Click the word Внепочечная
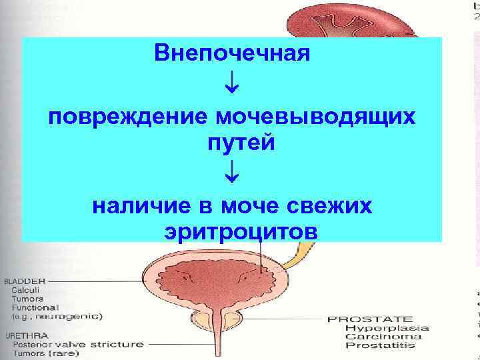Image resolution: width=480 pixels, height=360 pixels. coord(232,53)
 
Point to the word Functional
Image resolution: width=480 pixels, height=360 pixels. coord(34,307)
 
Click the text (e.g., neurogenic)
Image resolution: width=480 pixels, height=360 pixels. coord(56,317)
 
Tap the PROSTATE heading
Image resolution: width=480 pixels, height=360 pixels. coord(370,319)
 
